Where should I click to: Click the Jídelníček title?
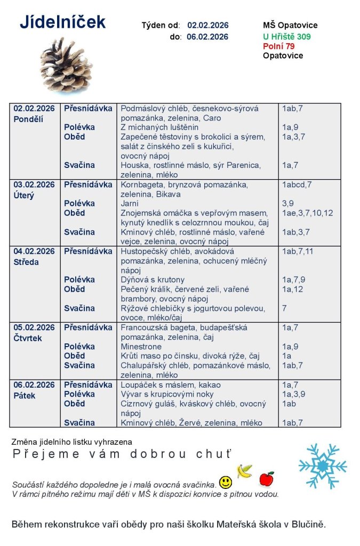pos(62,22)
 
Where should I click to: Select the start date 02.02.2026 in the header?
pos(207,25)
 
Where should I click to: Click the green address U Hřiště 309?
pos(287,37)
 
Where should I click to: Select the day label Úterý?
pos(24,196)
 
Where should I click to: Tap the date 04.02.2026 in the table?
pos(34,251)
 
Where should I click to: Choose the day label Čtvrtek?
pos(28,338)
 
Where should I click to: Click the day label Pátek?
pos(25,396)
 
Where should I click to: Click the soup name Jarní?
pos(130,204)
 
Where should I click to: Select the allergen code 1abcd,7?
pos(297,184)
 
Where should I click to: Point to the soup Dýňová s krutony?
pos(153,280)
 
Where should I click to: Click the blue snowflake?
pos(322,466)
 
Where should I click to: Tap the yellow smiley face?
pos(226,483)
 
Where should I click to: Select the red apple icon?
pos(266,479)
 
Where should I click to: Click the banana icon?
pos(245,470)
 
